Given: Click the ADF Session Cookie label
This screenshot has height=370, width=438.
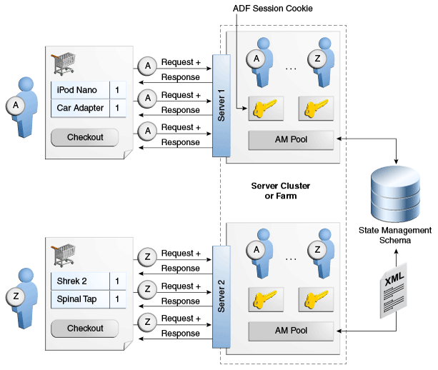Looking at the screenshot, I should click(x=274, y=8).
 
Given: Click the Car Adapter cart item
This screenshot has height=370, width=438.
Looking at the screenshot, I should click(x=80, y=109).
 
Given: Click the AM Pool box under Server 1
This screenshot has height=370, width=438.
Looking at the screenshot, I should click(x=291, y=139).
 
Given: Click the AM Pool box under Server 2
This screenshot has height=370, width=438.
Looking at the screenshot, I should click(x=291, y=331).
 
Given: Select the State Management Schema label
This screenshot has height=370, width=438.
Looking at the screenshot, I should click(x=395, y=235).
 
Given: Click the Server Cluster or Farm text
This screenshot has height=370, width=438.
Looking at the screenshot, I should click(x=281, y=190).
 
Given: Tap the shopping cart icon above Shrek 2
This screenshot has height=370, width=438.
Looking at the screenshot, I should click(x=64, y=254).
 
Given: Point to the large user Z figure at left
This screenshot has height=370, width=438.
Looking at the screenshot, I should click(x=21, y=297).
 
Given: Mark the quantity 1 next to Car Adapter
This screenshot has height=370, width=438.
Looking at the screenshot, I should click(x=118, y=109).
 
